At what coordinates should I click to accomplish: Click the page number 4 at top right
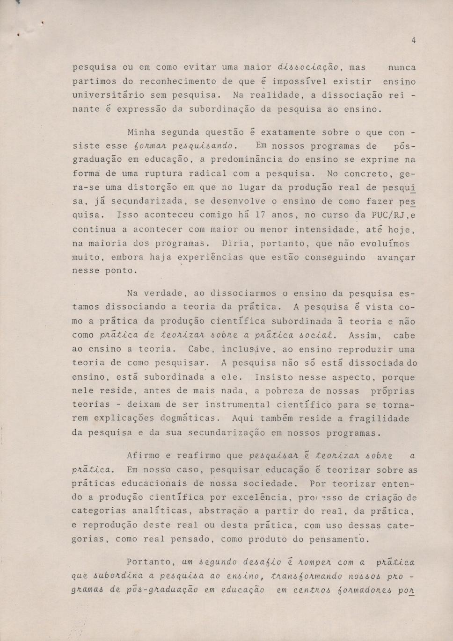click(x=414, y=41)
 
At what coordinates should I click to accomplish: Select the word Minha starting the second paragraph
click(x=141, y=132)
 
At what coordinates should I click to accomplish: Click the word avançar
click(x=396, y=258)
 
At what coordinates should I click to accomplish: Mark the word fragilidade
click(x=382, y=418)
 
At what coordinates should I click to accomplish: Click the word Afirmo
click(x=143, y=456)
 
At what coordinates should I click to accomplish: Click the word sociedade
click(x=272, y=483)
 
